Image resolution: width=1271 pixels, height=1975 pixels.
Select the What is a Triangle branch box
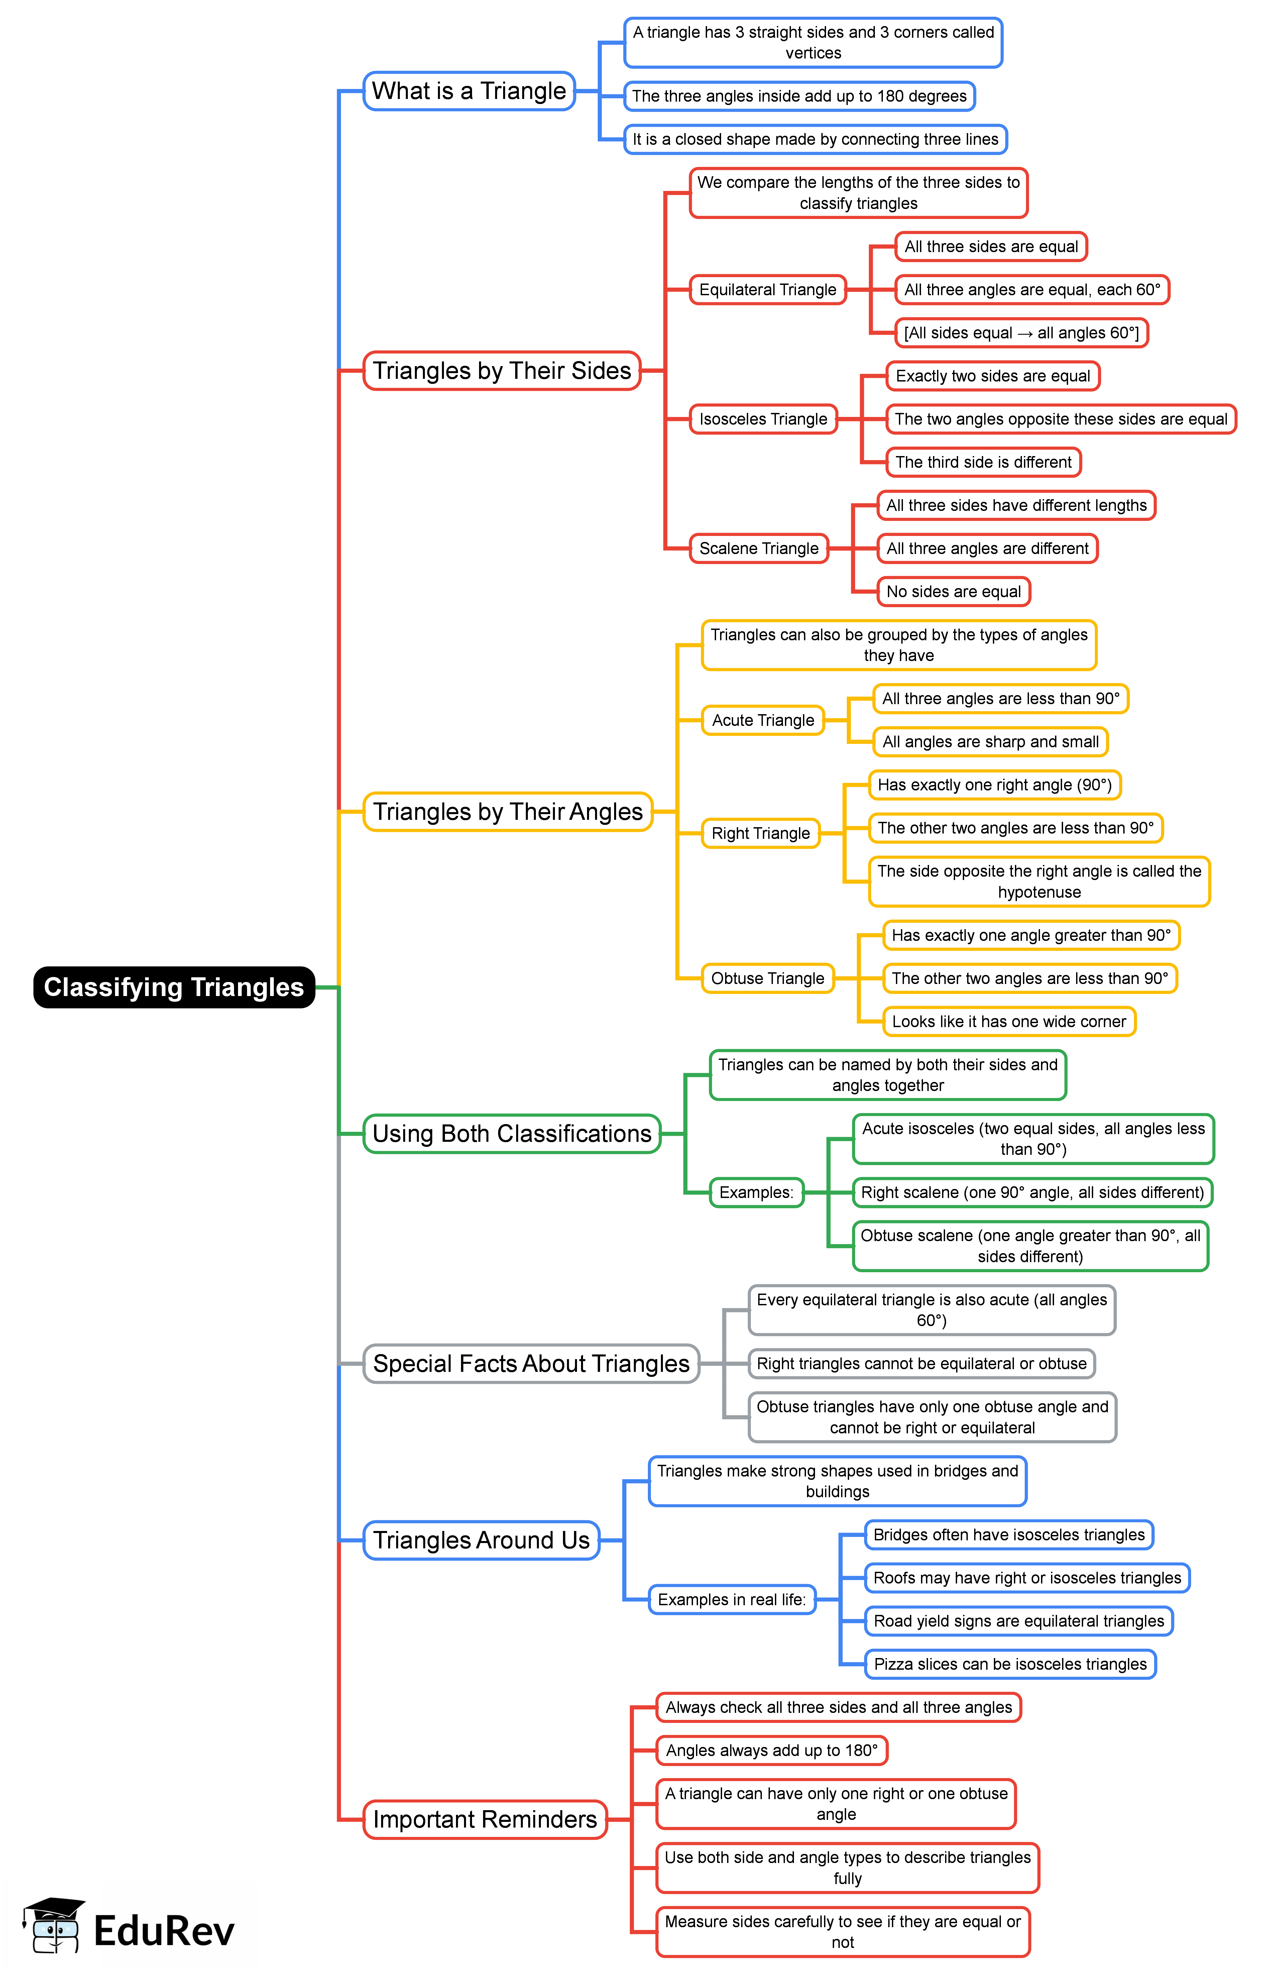(469, 91)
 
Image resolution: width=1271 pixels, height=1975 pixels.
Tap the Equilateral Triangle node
(768, 290)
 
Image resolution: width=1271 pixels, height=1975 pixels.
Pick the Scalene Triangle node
(759, 549)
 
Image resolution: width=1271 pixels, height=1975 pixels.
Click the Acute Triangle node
(763, 721)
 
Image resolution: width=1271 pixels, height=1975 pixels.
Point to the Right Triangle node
(760, 834)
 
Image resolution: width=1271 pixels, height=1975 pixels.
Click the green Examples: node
(756, 1193)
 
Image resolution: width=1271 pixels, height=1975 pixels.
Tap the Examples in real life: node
(731, 1600)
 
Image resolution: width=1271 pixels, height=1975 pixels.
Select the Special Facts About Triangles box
(531, 1363)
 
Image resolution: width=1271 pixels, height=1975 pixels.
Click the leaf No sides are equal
(953, 592)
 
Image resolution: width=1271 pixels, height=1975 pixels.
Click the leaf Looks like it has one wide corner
(1009, 1022)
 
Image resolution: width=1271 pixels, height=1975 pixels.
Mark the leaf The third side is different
(983, 462)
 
